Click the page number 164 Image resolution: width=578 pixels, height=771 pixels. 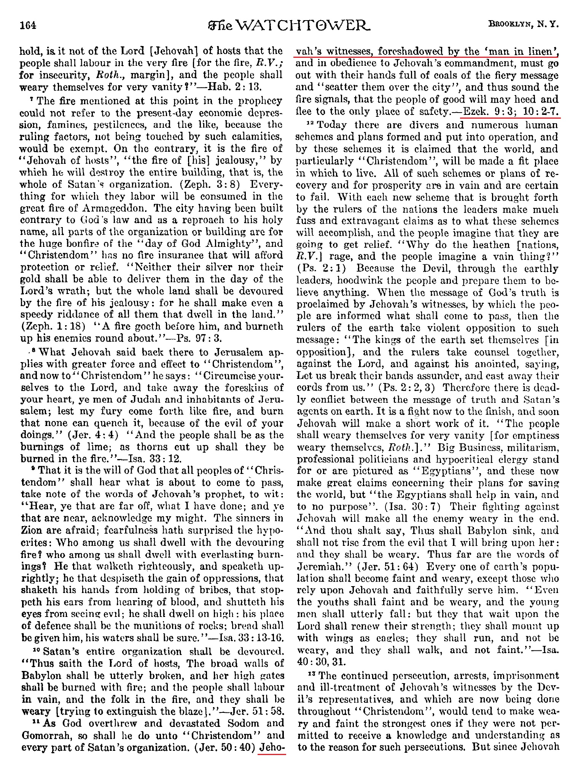coord(28,25)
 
